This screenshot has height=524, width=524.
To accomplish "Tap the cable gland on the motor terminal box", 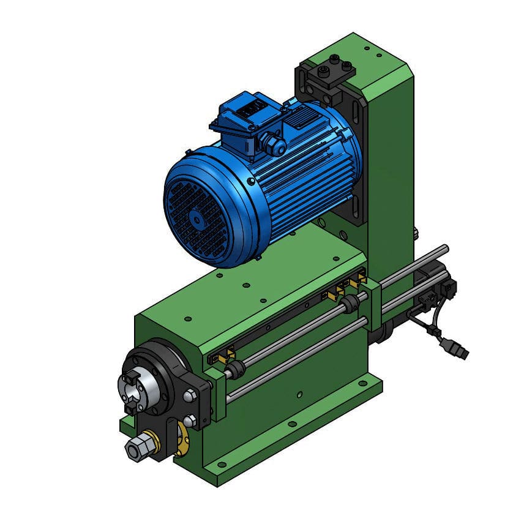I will point(275,146).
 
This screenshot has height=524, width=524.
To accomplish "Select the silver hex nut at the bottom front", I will point(135,449).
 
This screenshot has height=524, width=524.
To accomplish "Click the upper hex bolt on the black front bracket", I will point(189,396).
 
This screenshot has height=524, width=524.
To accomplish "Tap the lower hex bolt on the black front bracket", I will point(190,421).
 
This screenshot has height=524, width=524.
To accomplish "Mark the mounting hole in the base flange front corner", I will point(217,469).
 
